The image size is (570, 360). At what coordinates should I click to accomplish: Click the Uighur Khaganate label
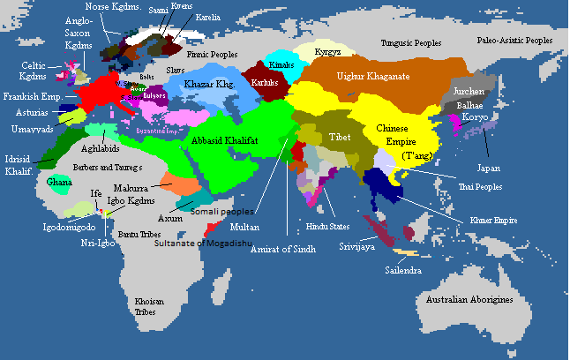374,77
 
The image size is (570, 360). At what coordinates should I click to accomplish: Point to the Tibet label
340,138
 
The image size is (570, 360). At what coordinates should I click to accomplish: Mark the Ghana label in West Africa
59,183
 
